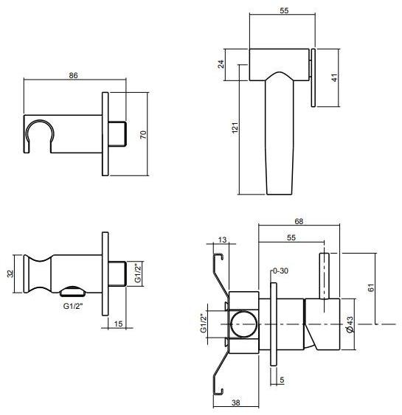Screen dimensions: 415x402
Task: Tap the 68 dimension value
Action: (299, 221)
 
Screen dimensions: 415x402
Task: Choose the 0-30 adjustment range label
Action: (281, 271)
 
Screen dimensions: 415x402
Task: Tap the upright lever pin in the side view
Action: (324, 276)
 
